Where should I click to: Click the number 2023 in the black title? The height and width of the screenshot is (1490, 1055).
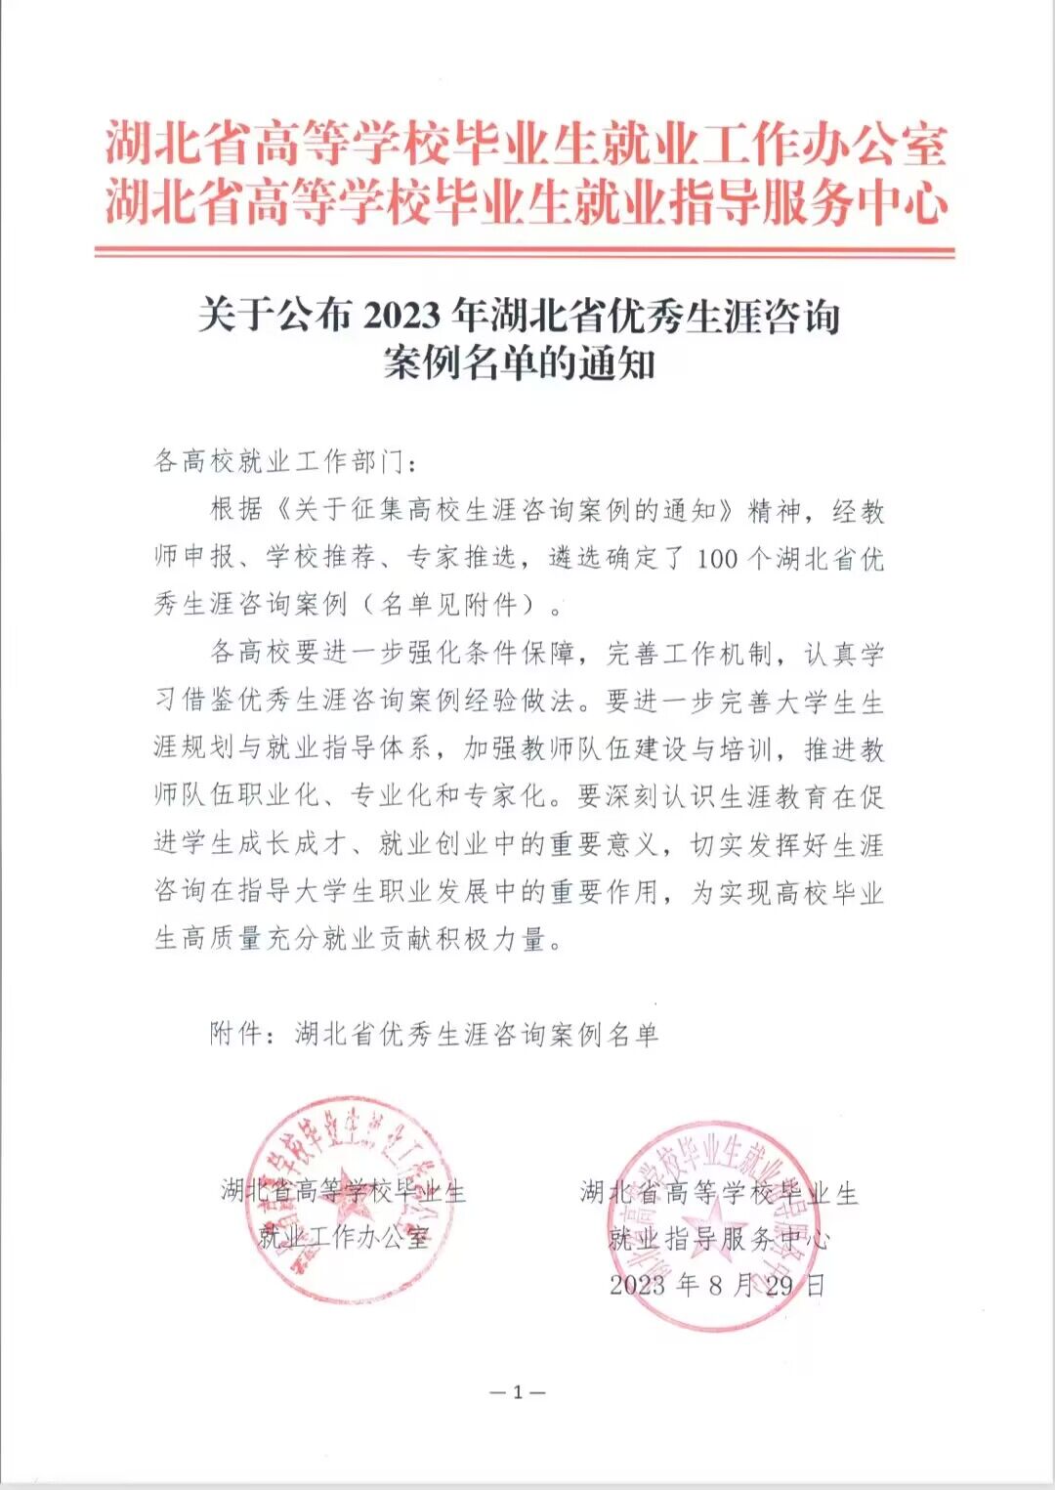401,317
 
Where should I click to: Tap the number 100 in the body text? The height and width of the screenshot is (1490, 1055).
717,559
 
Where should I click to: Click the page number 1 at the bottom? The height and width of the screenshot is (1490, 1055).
518,1392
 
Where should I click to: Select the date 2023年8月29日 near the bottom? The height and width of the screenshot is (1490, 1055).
717,1285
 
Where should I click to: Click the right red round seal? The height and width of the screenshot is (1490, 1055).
721,1227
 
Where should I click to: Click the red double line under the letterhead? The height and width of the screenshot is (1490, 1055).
525,252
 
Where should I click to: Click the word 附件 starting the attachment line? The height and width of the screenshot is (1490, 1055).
235,1034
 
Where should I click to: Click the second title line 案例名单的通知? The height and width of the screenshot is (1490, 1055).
519,363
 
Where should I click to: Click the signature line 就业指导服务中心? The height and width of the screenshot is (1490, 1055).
719,1239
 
